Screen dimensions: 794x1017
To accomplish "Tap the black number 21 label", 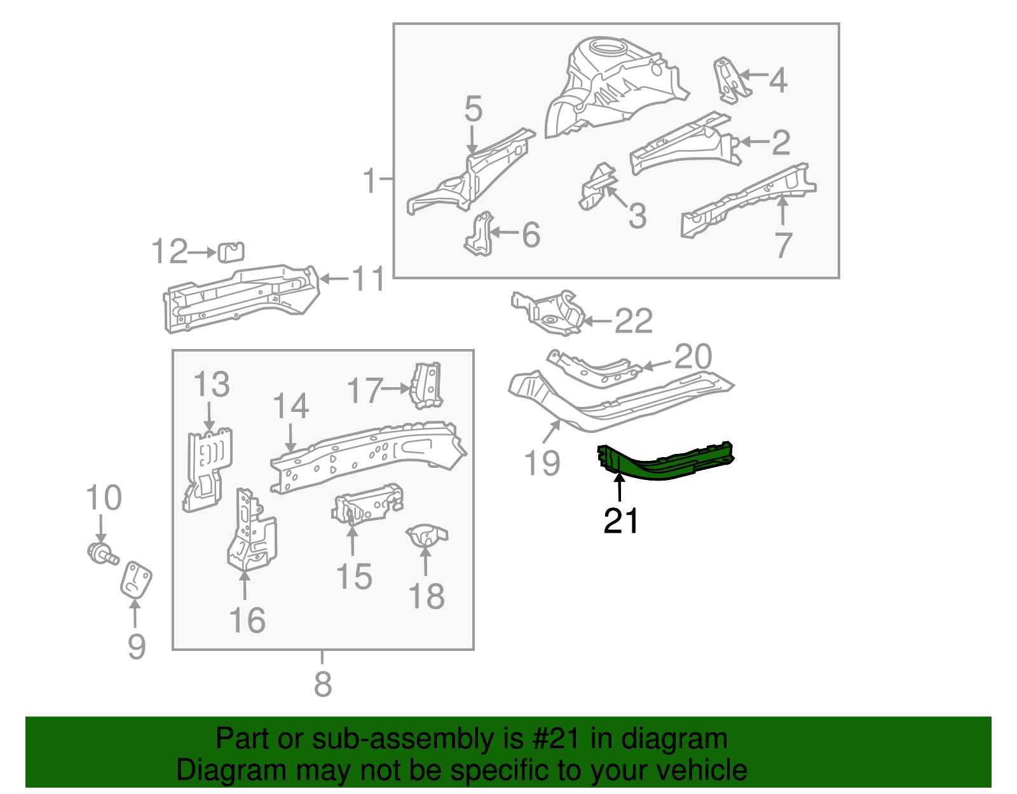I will (621, 521).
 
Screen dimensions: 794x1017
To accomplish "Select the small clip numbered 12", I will (231, 252).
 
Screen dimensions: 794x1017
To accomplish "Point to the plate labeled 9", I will (136, 579).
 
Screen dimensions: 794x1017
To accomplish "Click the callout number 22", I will (633, 321).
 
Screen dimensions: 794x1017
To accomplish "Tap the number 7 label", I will (783, 245).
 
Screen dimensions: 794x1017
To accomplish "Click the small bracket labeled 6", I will (480, 235).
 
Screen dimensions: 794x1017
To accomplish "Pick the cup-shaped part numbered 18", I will (427, 535).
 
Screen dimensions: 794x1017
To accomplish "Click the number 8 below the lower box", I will (323, 684).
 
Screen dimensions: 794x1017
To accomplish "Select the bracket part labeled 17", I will (428, 385).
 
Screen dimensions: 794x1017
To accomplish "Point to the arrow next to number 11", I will (334, 278).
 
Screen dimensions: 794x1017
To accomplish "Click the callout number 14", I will (290, 406).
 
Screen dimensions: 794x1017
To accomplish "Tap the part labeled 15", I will (365, 505).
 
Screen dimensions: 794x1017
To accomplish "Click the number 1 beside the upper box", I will (369, 181).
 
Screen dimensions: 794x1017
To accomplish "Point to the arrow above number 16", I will (245, 585).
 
